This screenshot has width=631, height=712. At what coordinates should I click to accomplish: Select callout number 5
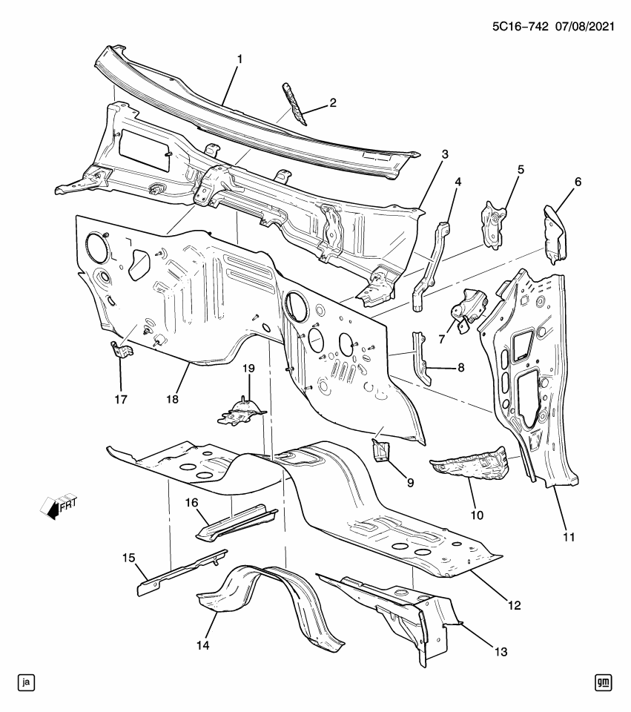point(521,170)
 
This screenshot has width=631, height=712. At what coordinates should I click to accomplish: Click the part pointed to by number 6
point(555,234)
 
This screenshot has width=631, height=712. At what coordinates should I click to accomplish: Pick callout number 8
point(460,366)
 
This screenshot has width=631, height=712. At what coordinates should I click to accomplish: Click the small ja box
point(27,682)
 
